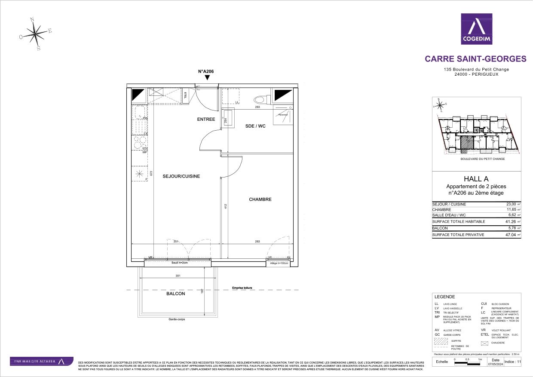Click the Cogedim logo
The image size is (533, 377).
pyautogui.click(x=476, y=29)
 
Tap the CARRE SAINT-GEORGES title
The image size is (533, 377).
pyautogui.click(x=475, y=59)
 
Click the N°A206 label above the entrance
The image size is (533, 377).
pyautogui.click(x=206, y=71)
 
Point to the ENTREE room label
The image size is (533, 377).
pyautogui.click(x=206, y=119)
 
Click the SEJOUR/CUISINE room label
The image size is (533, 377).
pyautogui.click(x=181, y=176)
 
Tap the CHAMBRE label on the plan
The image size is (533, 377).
pyautogui.click(x=260, y=199)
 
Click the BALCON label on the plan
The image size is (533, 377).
pyautogui.click(x=176, y=294)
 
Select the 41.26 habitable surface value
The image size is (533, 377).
pyautogui.click(x=510, y=221)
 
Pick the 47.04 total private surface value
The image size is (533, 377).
pyautogui.click(x=510, y=235)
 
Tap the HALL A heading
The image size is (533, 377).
pyautogui.click(x=476, y=179)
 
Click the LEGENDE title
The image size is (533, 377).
pyautogui.click(x=444, y=297)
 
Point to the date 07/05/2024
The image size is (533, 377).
pyautogui.click(x=495, y=364)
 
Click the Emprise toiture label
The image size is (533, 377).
pyautogui.click(x=242, y=288)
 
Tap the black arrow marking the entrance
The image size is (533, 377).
pyautogui.click(x=207, y=77)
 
